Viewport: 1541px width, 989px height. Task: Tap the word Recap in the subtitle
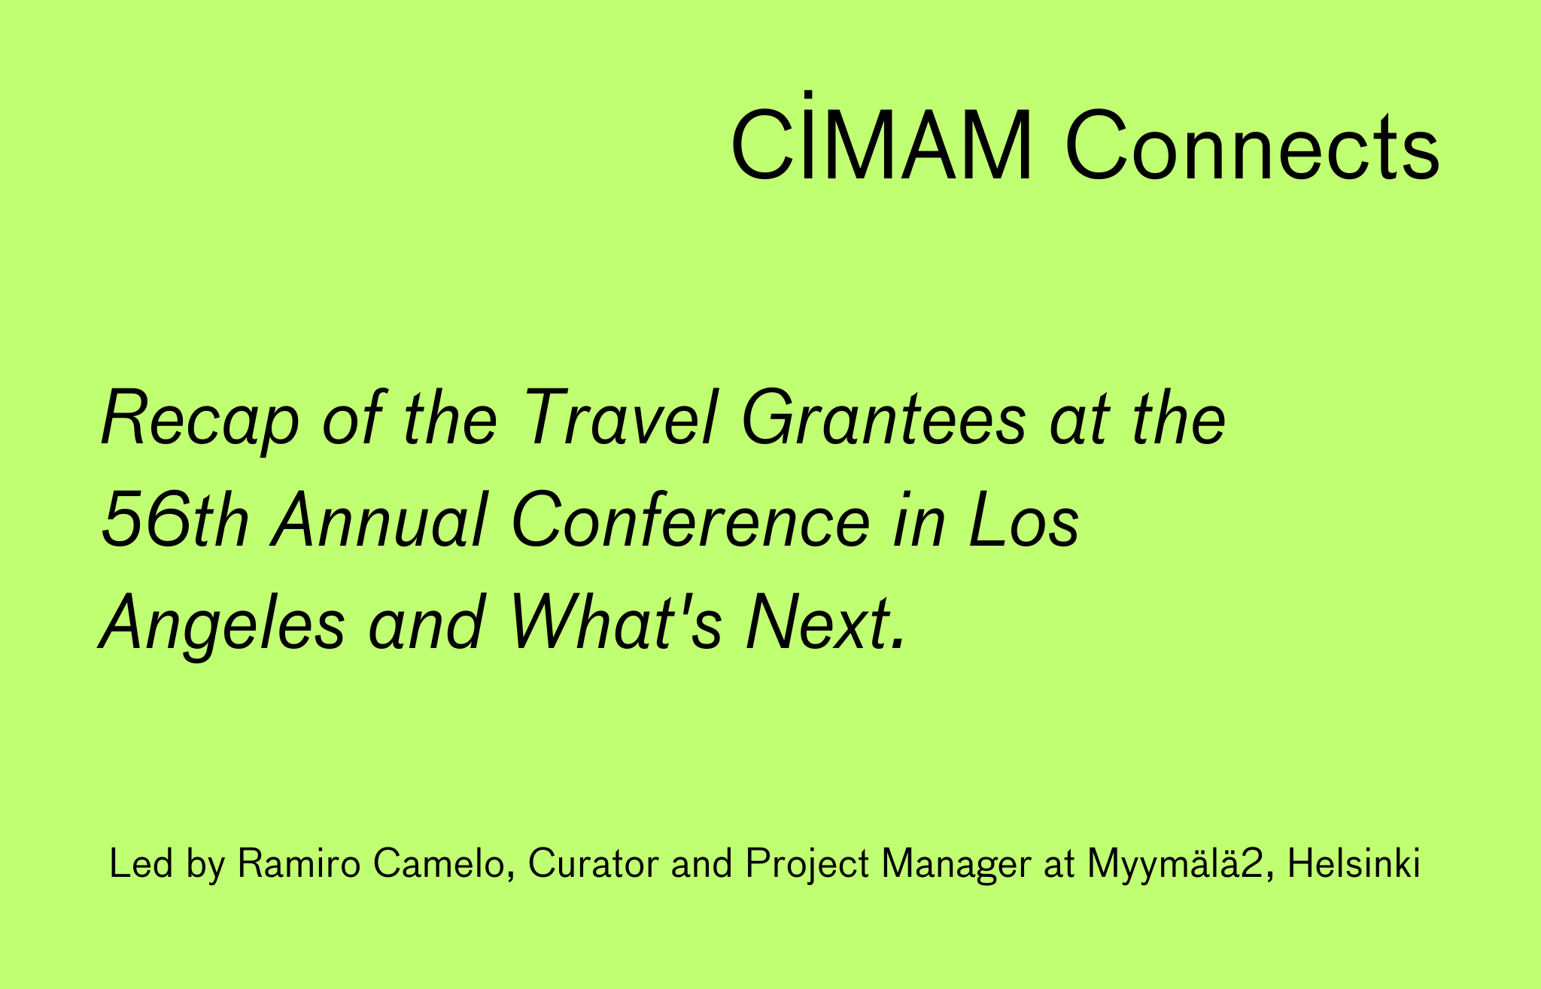(x=199, y=419)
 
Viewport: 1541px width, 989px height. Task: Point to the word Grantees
(x=884, y=419)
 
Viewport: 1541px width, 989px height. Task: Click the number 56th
(x=174, y=522)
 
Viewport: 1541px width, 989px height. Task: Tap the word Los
(x=1024, y=522)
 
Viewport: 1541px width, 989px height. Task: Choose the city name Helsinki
(x=1354, y=864)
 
